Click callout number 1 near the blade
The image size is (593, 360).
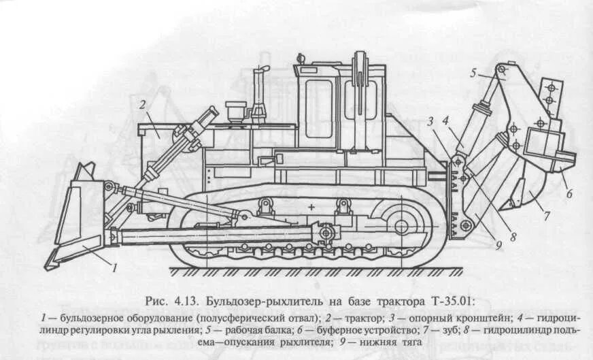click(x=116, y=267)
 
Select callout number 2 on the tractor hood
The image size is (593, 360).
click(x=143, y=104)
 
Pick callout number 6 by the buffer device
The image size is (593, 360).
click(x=569, y=193)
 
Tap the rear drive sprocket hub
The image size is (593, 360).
click(x=401, y=225)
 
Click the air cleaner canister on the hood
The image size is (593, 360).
click(x=235, y=110)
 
